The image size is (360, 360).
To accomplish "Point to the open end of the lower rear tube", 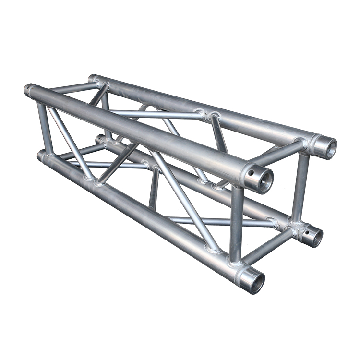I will coord(314,236).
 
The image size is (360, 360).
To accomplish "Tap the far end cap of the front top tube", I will coord(30,90).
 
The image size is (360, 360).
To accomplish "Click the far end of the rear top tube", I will coord(93,78).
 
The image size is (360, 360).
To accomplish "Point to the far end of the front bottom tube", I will coord(42,156).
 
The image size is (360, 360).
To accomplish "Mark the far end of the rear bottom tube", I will coord(100,139).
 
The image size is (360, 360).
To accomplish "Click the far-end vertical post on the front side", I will coord(45,127).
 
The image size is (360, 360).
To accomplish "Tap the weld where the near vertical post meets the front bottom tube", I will coord(235,262).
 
